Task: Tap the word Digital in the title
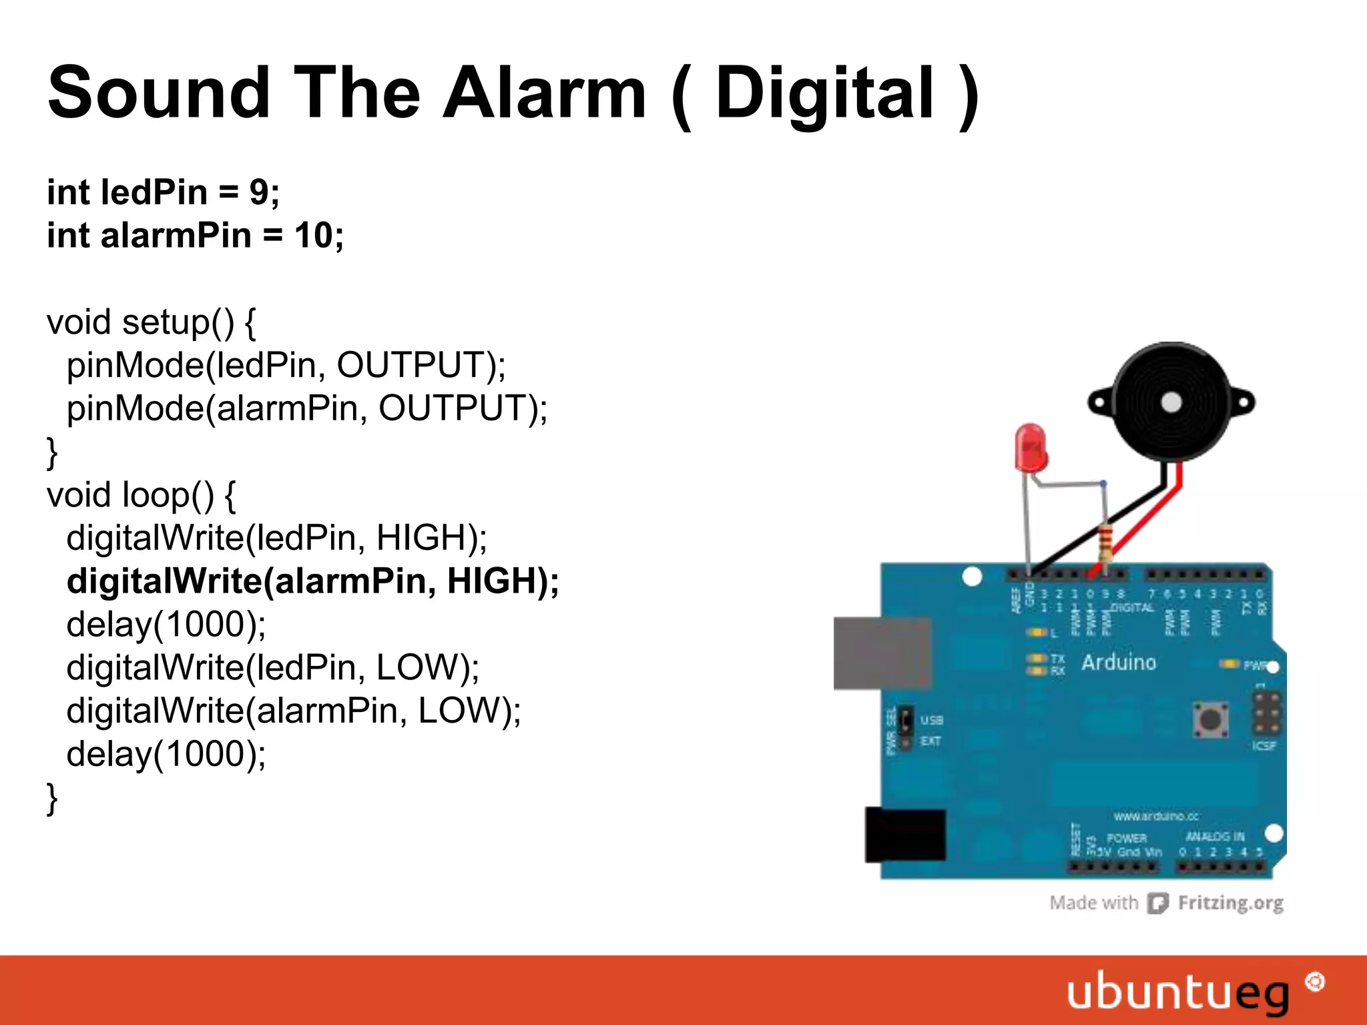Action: tap(825, 93)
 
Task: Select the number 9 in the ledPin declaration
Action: tap(259, 192)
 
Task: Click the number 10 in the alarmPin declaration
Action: tap(314, 236)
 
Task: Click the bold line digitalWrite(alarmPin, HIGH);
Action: tap(312, 581)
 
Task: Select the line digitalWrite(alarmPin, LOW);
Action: tap(294, 710)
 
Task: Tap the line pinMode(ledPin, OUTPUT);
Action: tap(286, 365)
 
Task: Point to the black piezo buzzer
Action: tap(1171, 402)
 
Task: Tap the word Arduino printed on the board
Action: tap(1119, 663)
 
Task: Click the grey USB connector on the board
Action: tap(882, 653)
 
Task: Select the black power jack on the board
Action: tap(905, 834)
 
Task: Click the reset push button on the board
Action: tap(1210, 719)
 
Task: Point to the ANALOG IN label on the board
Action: tap(1215, 837)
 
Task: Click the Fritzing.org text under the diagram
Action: tap(1230, 903)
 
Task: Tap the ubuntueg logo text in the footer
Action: tap(1177, 992)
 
